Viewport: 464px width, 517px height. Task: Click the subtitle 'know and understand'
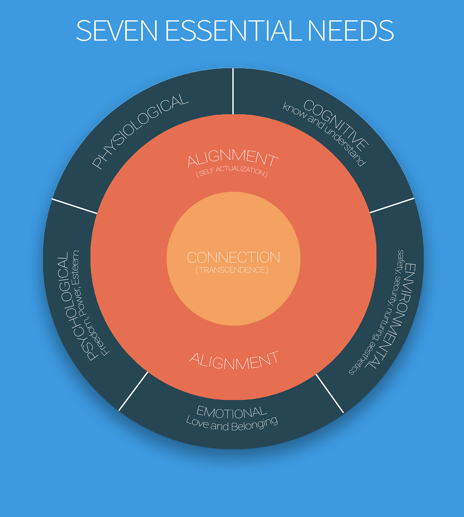(324, 134)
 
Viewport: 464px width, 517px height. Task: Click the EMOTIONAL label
(232, 412)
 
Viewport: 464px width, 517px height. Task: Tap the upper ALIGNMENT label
(233, 158)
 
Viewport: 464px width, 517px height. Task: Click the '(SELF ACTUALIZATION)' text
(232, 172)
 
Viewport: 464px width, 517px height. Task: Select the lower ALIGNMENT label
(234, 361)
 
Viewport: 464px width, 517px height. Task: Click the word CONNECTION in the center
(234, 258)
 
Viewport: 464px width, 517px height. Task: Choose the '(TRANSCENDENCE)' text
(232, 270)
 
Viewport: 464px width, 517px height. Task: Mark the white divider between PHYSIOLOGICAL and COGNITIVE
(233, 91)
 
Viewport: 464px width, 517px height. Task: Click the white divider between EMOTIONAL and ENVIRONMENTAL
(330, 393)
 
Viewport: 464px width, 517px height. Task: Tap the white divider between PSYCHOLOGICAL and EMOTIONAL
(133, 391)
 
